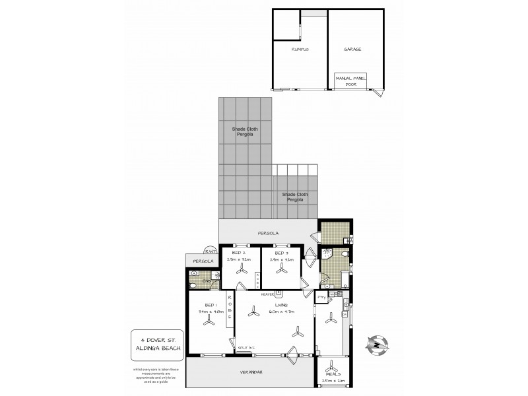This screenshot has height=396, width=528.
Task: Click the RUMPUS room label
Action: point(301,49)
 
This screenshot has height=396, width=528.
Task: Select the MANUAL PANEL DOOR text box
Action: point(350,81)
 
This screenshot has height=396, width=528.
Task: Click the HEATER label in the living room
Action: point(268,294)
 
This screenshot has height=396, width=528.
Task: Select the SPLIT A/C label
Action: point(247,347)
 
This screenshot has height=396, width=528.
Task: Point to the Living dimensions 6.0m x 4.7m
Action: point(281,310)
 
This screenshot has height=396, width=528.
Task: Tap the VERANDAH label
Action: point(251,373)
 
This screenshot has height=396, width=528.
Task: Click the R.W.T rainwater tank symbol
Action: point(210,251)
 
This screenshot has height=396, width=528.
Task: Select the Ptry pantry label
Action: point(321,298)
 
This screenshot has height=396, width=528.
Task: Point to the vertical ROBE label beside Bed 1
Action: point(229,308)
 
